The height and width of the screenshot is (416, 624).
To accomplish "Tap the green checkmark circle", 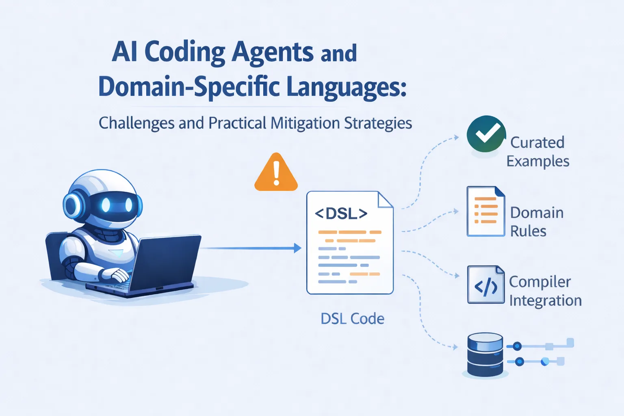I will click(x=486, y=134).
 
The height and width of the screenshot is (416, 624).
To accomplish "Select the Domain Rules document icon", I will click(x=485, y=211).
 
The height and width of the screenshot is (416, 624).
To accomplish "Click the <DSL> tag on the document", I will click(x=341, y=213).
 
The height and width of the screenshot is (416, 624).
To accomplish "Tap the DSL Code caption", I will click(x=352, y=319).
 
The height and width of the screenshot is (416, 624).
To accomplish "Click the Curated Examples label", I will click(x=537, y=152).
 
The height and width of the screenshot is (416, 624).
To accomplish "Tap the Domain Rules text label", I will click(x=536, y=222).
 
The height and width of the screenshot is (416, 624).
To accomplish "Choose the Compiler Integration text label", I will click(x=545, y=291).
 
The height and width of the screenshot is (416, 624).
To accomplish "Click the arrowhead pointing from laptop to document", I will click(x=298, y=248).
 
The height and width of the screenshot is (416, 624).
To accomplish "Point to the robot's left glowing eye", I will click(x=106, y=205).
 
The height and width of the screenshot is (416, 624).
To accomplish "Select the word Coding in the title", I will click(x=184, y=52).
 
